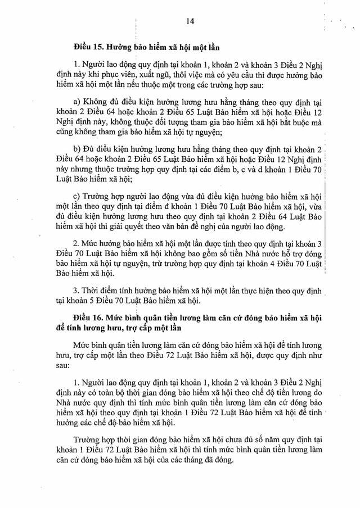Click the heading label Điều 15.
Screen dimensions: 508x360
[x=87, y=45]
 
